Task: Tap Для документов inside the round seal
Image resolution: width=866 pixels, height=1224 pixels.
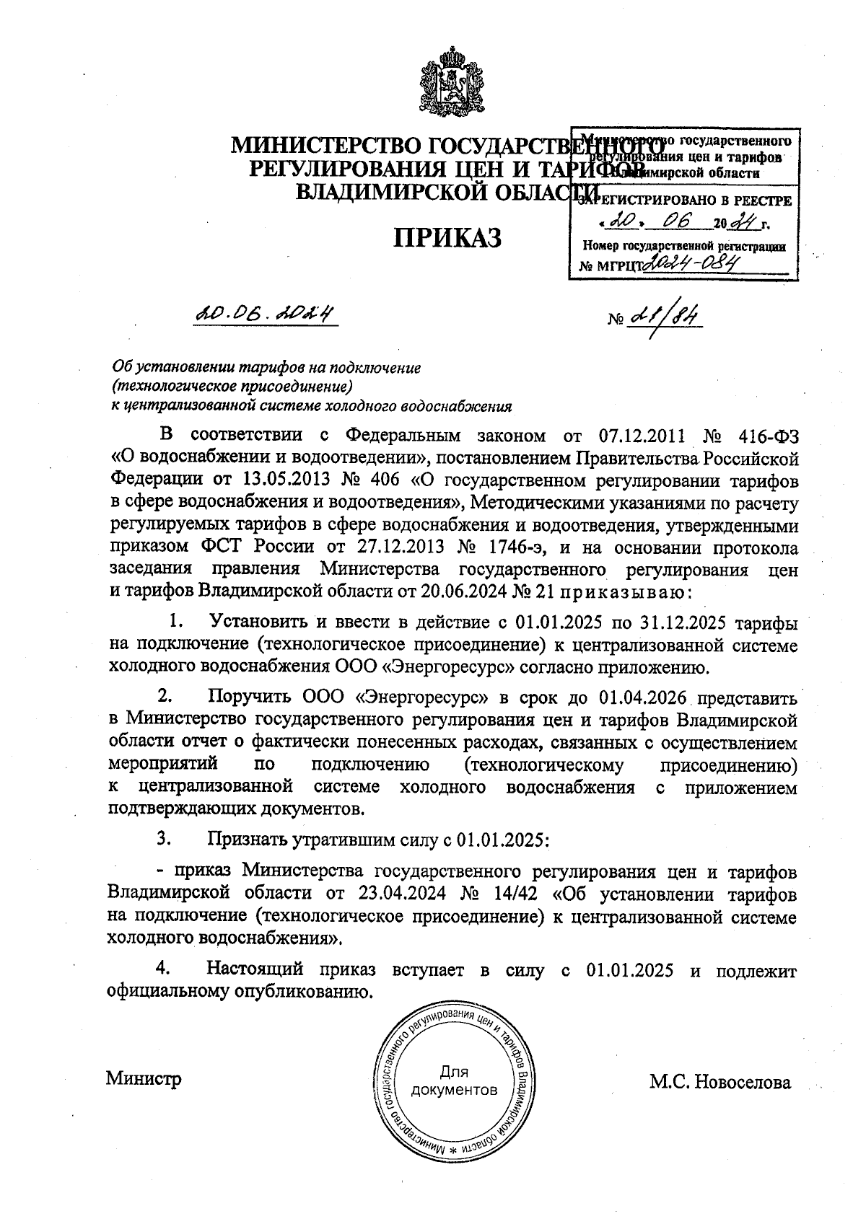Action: [x=453, y=1080]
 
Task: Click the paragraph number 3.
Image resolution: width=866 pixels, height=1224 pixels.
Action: [x=164, y=839]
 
